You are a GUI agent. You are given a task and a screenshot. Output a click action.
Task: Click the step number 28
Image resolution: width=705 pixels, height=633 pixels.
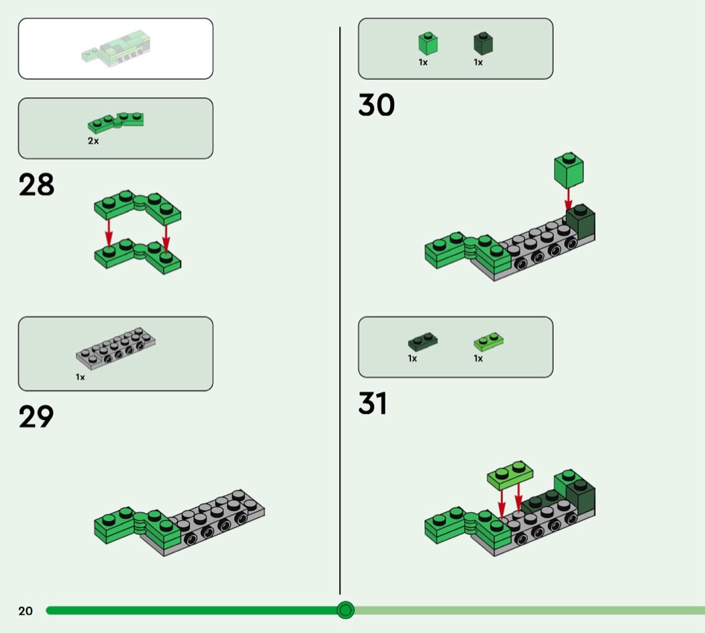[x=36, y=185]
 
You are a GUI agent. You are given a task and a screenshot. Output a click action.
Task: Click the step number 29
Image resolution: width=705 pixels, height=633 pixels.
[x=36, y=417]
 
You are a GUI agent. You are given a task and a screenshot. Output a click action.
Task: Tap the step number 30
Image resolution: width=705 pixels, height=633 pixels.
[x=377, y=105]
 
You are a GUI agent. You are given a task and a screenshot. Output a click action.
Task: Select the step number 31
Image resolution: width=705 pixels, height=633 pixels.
[x=373, y=404]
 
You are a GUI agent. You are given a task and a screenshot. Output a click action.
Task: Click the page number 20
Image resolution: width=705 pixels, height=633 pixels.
[x=26, y=611]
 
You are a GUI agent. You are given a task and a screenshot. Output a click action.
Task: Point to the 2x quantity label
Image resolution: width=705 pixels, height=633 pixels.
[x=93, y=141]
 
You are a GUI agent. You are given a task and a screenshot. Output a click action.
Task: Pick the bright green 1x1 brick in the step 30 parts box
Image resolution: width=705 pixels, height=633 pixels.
[x=428, y=44]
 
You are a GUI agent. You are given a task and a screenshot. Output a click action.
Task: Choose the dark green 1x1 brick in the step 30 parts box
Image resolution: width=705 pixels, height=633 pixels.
[x=483, y=44]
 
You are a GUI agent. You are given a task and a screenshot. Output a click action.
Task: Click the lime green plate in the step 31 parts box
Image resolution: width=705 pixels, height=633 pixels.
[x=488, y=342]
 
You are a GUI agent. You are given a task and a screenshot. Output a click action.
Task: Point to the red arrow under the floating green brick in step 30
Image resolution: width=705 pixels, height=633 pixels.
[x=568, y=199]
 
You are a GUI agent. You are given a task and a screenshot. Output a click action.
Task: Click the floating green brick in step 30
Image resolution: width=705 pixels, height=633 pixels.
[x=569, y=170]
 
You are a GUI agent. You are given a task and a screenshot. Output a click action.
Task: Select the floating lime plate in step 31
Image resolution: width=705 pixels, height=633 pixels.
[x=510, y=474]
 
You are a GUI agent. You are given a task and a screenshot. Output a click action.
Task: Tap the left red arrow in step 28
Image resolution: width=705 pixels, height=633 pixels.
[x=109, y=235]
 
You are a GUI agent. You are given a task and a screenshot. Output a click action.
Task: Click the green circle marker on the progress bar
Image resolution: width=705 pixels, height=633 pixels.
[x=345, y=610]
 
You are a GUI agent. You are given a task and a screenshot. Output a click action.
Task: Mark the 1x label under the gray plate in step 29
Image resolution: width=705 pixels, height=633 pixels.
[x=81, y=377]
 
